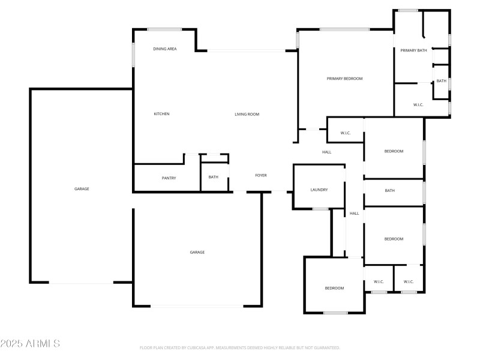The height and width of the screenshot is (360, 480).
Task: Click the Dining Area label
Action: click(164, 49)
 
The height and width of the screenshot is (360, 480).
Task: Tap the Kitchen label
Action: click(161, 114)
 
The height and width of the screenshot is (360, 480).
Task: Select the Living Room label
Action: click(247, 114)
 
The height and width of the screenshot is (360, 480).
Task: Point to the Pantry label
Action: click(169, 178)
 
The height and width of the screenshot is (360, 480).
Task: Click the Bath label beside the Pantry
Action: click(214, 177)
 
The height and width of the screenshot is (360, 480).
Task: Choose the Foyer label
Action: click(261, 175)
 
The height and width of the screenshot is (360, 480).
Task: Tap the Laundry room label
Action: click(319, 190)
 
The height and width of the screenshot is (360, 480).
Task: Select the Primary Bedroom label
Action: click(344, 79)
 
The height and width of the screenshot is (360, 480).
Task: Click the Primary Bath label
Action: click(413, 50)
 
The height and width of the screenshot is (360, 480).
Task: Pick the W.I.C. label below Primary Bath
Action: click(418, 105)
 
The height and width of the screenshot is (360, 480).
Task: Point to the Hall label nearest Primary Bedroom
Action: click(326, 152)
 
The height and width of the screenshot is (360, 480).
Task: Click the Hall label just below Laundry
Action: click(354, 214)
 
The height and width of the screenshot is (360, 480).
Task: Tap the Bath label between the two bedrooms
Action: click(390, 191)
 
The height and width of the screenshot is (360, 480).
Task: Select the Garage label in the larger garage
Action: click(82, 189)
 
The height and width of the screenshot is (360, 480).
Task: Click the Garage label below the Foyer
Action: click(197, 252)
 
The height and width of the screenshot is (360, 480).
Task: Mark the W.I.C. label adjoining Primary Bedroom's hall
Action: click(345, 133)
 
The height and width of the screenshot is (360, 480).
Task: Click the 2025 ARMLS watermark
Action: click(30, 344)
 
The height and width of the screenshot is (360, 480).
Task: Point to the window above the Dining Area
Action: click(164, 29)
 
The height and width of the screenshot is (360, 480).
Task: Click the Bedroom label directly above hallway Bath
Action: click(394, 151)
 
